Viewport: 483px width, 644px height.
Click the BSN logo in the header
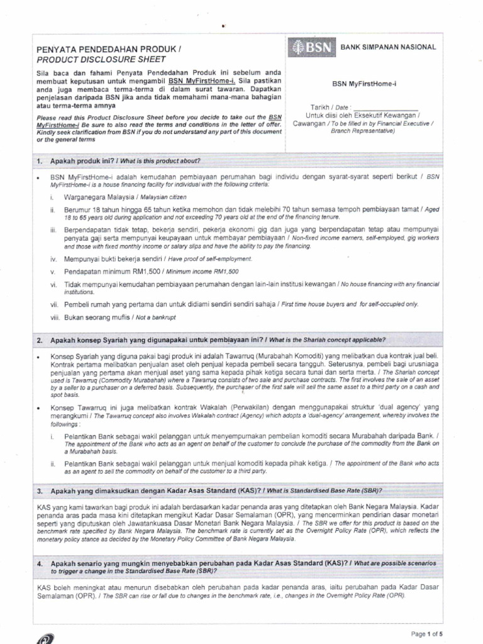(311, 48)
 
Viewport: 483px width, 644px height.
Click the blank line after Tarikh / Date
(386, 108)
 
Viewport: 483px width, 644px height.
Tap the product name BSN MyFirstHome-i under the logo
(369, 84)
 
